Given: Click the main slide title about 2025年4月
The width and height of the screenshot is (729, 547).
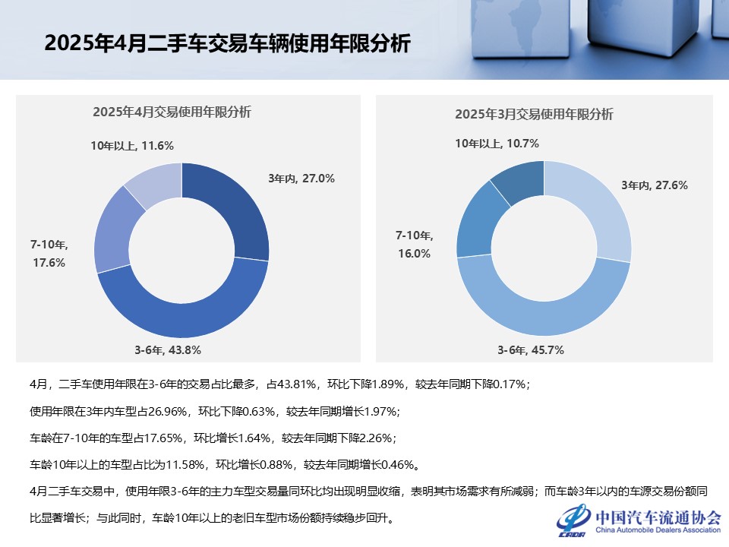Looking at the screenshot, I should [227, 44].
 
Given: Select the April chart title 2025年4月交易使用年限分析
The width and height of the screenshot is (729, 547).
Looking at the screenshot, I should [172, 112].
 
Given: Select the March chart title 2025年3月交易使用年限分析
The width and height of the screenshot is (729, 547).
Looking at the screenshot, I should [534, 114].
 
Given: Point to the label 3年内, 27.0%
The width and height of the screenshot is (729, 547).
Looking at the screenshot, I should [301, 179].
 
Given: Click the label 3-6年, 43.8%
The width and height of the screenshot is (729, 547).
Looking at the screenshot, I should [168, 350].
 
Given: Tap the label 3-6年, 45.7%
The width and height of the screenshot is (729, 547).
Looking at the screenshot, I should [531, 350].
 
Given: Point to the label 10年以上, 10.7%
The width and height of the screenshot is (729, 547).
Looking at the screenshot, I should [497, 143].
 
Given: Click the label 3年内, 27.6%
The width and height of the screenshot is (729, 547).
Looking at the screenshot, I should [655, 185].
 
